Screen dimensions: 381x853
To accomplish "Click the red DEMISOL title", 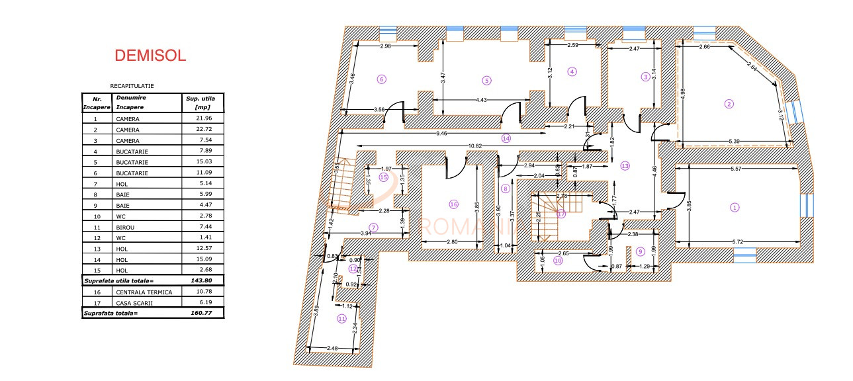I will (x=150, y=56).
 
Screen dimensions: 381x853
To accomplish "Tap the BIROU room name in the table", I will (x=126, y=226).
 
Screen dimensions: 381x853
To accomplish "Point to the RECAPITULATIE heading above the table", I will (x=132, y=86).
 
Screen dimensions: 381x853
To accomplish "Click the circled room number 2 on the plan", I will (x=729, y=103).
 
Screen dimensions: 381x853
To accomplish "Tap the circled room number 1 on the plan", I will (x=735, y=207).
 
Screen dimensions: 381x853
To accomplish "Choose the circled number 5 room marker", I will (x=486, y=81).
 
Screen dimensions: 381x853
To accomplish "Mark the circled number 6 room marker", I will (x=381, y=79).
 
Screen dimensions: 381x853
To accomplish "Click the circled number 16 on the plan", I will (x=453, y=204).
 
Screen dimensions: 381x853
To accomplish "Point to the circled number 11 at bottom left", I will (x=342, y=318).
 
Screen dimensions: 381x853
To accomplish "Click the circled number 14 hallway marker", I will (x=506, y=139).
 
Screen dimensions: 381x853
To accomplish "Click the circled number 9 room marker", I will (x=640, y=251).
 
